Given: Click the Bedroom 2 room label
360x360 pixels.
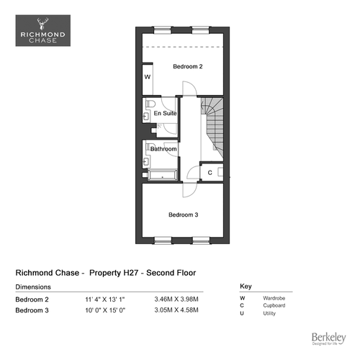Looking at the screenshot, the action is [x=188, y=66].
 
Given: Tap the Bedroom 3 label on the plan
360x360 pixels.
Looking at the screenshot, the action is [x=184, y=215].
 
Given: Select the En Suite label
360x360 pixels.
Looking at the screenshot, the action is [x=165, y=113].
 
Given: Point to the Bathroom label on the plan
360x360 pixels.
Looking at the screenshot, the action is [x=163, y=149].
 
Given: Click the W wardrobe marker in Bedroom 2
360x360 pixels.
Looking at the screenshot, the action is [x=148, y=77].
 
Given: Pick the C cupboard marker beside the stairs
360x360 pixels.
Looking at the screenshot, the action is [x=210, y=173].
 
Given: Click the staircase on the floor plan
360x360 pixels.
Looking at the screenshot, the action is [x=212, y=129].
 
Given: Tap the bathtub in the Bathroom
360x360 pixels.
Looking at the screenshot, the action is [x=163, y=175].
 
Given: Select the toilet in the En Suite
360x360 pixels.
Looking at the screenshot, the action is [x=150, y=104].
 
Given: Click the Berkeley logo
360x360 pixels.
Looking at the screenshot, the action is [x=329, y=338].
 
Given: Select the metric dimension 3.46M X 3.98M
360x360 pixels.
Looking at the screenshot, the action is [x=176, y=300].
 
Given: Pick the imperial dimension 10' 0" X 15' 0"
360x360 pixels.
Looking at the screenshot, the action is [x=105, y=310].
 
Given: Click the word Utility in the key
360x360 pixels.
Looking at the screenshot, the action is [x=269, y=313].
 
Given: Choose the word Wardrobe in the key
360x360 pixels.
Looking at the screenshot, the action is [x=274, y=298].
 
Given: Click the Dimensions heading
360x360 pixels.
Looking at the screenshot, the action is [x=33, y=287].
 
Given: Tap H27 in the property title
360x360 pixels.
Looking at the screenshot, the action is [x=131, y=273].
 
